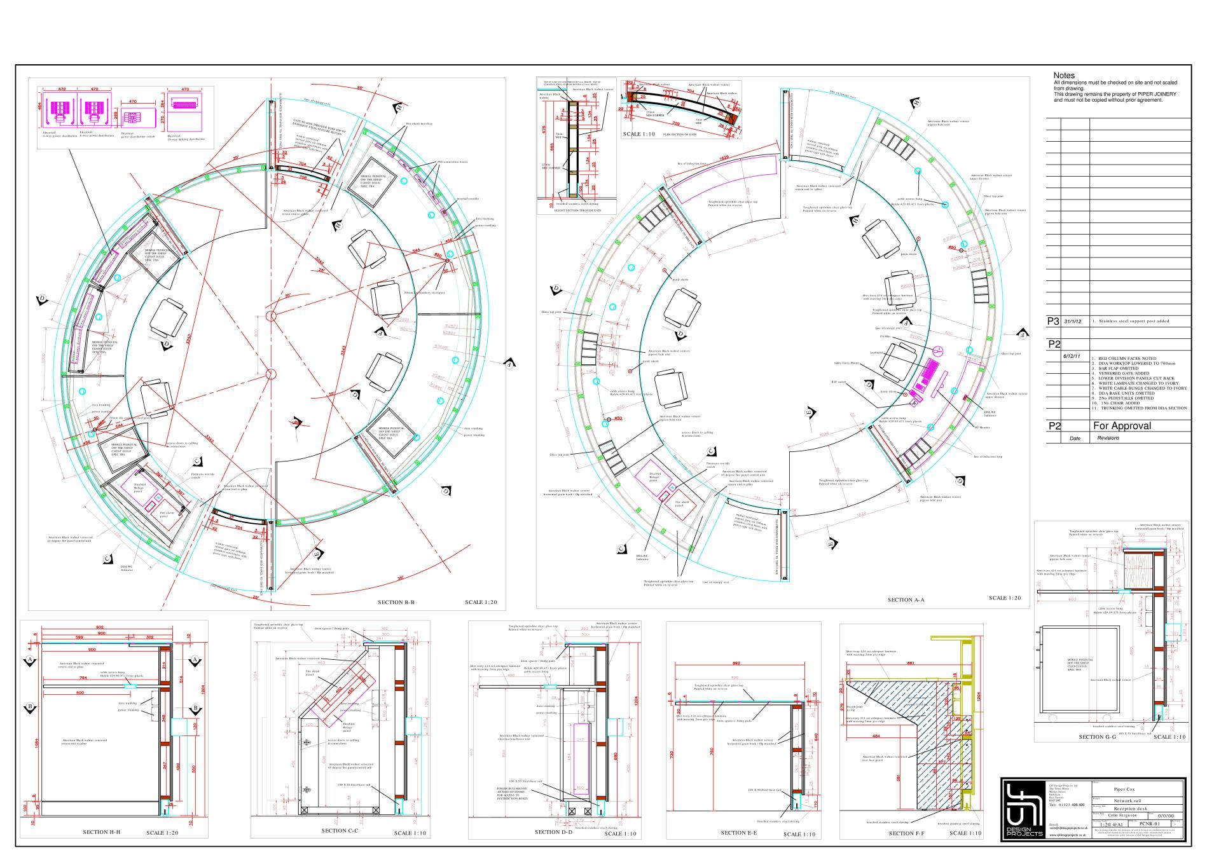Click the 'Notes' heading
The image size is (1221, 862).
click(1064, 76)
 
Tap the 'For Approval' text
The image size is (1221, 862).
click(1122, 426)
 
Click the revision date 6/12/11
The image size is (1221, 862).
click(1072, 356)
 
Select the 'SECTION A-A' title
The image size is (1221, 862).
click(906, 599)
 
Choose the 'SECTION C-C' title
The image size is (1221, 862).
click(340, 830)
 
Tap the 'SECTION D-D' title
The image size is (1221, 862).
click(553, 832)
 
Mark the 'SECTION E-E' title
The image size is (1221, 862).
click(738, 833)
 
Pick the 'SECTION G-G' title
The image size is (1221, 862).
click(1097, 737)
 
